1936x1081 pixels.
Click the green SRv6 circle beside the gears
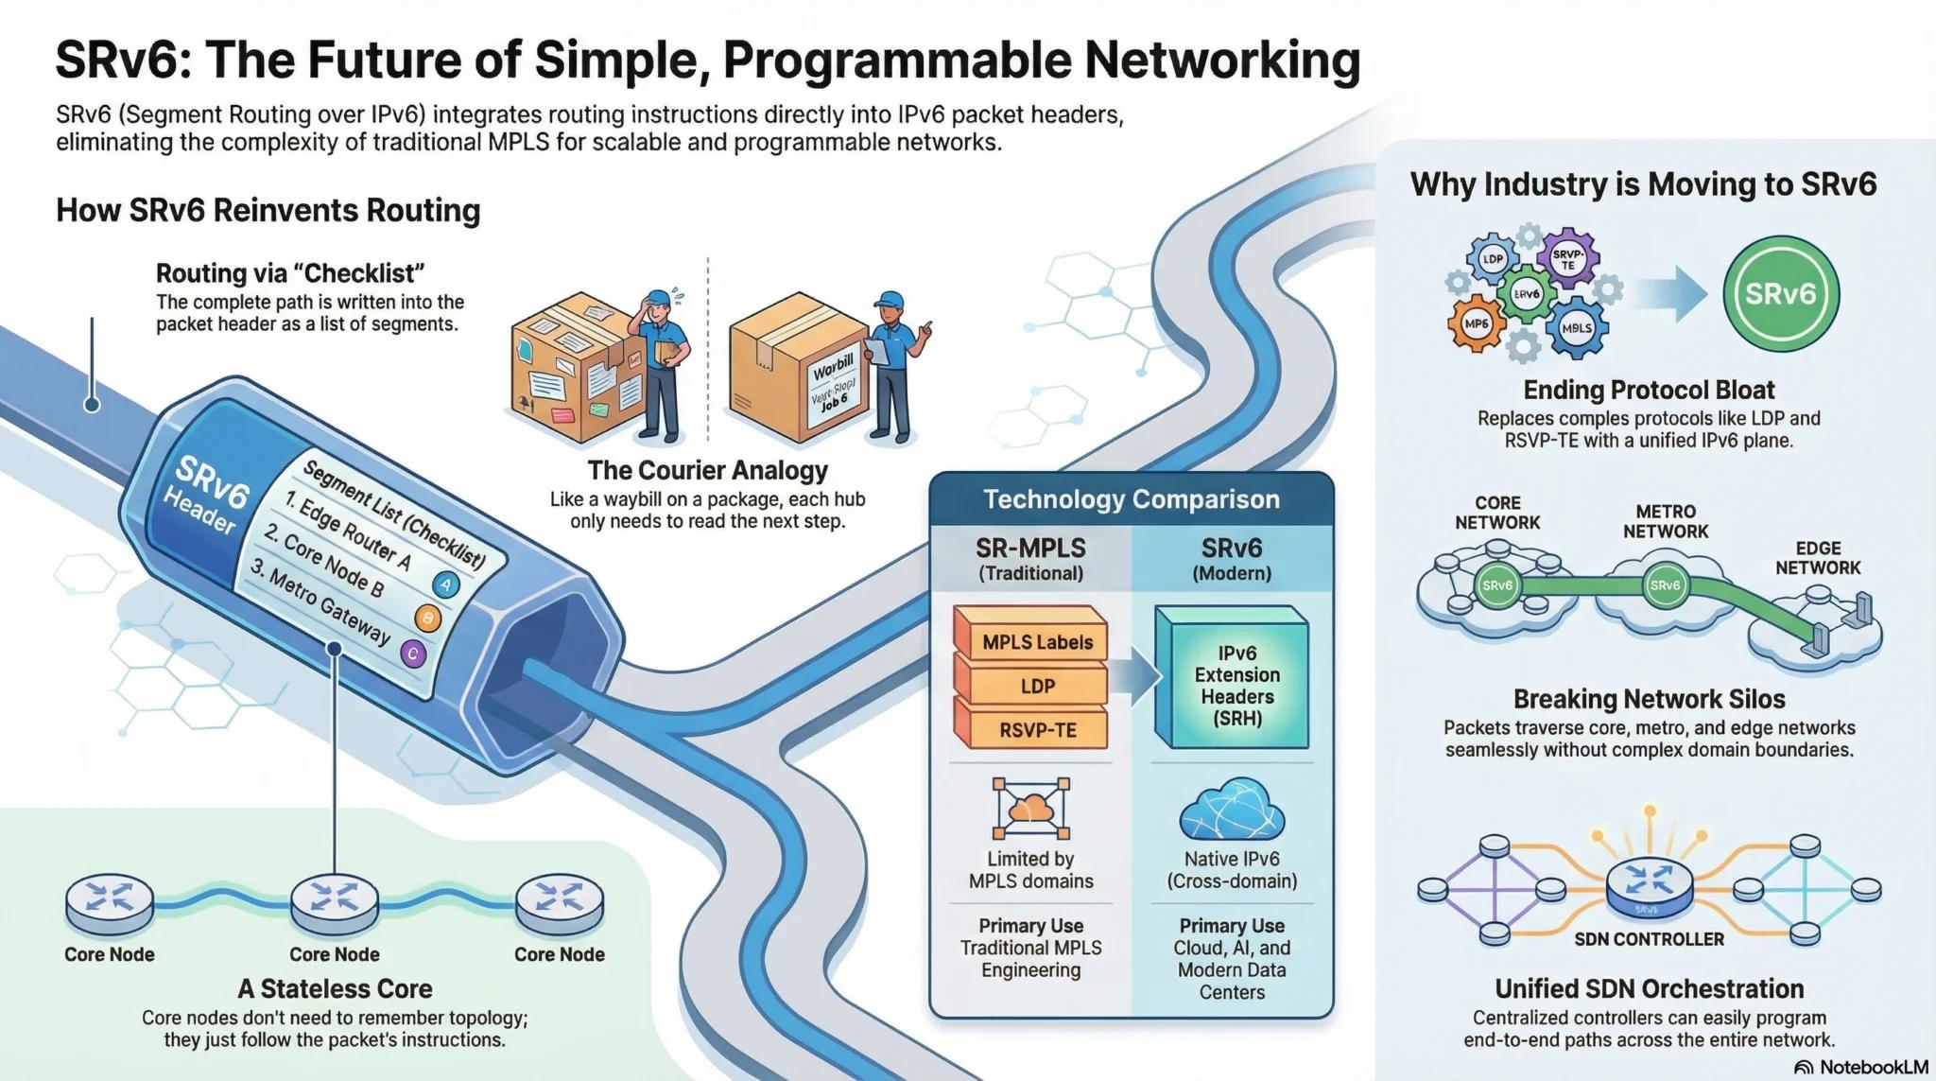pos(1781,293)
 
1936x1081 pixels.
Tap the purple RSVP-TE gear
pos(1567,258)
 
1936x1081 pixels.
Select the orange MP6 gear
pos(1477,323)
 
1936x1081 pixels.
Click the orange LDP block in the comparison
pos(1036,686)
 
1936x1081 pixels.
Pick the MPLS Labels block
pos(1036,642)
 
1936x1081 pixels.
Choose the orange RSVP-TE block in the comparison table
pos(1036,729)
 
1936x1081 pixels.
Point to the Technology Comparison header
pos(1131,499)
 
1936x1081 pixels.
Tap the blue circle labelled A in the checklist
pos(445,584)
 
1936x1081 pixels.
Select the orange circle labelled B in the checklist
pos(427,619)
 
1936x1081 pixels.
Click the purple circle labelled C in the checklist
pos(412,654)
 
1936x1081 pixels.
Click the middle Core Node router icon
pos(335,901)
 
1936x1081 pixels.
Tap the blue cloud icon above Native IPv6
pos(1231,810)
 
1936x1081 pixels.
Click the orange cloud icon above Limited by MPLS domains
pos(1030,809)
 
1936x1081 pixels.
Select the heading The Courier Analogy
pos(707,470)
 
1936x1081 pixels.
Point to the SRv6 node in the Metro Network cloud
pos(1665,585)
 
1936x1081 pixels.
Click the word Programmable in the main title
pos(898,61)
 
